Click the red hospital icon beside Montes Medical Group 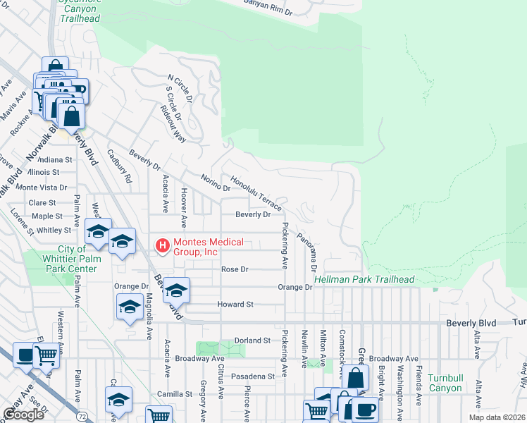[x=162, y=245]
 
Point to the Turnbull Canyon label [x=445, y=383]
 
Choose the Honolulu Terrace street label [x=256, y=194]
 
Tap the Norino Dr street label [x=215, y=183]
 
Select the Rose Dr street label [x=235, y=269]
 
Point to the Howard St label [x=235, y=305]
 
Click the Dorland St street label [x=252, y=340]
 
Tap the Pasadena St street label [x=251, y=377]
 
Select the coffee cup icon [x=364, y=408]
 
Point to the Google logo [x=23, y=415]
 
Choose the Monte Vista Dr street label [x=42, y=188]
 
